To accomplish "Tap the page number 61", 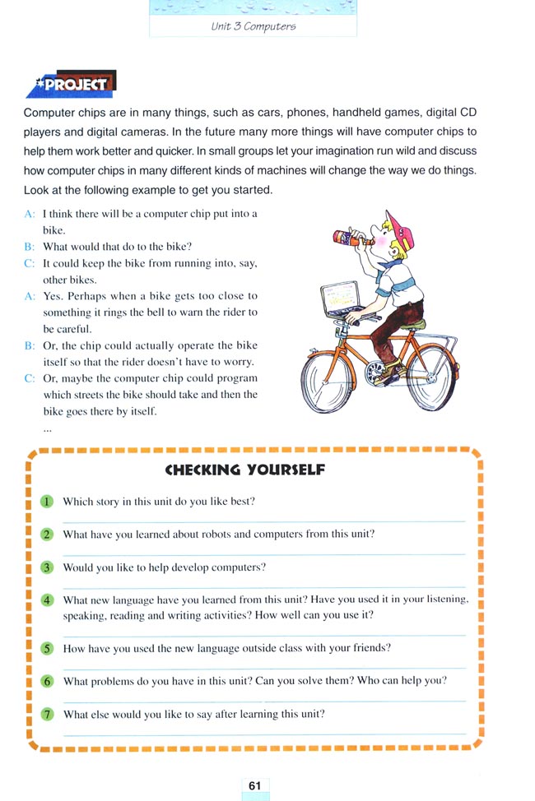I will click(254, 785).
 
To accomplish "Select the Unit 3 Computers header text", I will click(253, 25).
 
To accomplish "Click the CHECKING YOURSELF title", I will click(245, 470).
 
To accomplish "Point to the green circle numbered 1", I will click(48, 502).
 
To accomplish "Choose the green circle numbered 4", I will click(48, 600).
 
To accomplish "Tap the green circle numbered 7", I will click(48, 714).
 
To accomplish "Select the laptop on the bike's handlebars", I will click(341, 299).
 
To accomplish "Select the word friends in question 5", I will click(370, 648).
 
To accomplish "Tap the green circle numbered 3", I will click(48, 567).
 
